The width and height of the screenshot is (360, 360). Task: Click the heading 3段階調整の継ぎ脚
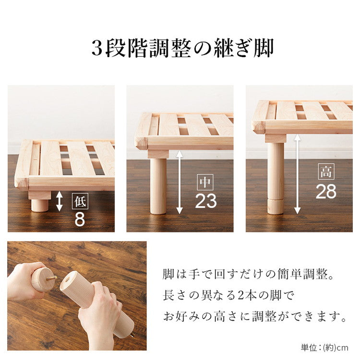pyautogui.click(x=182, y=48)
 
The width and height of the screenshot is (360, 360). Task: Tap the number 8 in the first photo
pyautogui.click(x=80, y=218)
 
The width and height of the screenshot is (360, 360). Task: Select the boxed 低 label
pyautogui.click(x=80, y=202)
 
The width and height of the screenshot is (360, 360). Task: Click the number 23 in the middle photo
pyautogui.click(x=205, y=201)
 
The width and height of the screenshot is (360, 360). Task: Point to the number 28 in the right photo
pyautogui.click(x=326, y=191)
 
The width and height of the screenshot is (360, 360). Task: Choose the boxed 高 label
pyautogui.click(x=326, y=172)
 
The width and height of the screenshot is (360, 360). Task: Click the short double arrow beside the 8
pyautogui.click(x=60, y=201)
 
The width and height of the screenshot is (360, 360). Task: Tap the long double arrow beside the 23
pyautogui.click(x=180, y=182)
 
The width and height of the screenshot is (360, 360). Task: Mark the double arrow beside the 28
pyautogui.click(x=298, y=174)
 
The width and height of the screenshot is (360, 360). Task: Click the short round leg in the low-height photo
pyautogui.click(x=40, y=205)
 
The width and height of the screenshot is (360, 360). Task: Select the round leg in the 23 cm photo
pyautogui.click(x=158, y=186)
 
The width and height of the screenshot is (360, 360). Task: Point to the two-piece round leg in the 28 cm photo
pyautogui.click(x=276, y=178)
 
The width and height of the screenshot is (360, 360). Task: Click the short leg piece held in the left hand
pyautogui.click(x=43, y=279)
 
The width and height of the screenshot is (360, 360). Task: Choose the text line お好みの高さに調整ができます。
pyautogui.click(x=254, y=317)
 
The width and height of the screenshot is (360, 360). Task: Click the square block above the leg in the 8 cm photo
pyautogui.click(x=40, y=195)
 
